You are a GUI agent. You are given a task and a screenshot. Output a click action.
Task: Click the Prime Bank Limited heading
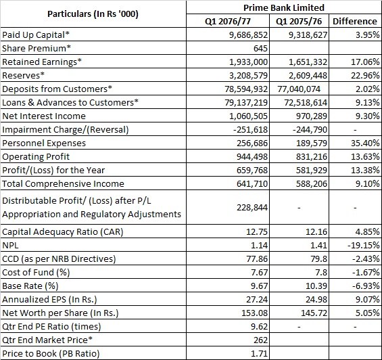284,7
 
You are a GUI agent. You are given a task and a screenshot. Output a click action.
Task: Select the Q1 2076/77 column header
228,21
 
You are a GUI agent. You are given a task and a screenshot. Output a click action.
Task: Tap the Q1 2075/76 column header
299,21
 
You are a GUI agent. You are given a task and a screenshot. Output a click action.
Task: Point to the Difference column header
355,21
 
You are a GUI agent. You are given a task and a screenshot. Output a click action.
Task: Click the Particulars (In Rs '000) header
93,14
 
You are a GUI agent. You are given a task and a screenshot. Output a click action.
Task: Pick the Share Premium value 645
260,48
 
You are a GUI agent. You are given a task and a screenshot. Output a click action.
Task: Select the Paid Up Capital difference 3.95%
367,35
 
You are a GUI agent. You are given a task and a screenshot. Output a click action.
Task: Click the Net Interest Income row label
44,116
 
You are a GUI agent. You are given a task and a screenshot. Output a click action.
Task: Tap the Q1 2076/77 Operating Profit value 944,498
252,156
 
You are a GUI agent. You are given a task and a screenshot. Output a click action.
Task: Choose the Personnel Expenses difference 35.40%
365,143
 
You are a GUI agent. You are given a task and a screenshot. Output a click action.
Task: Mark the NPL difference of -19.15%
364,245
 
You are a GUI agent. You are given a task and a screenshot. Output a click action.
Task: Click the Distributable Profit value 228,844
252,207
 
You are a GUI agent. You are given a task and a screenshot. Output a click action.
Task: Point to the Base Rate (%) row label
30,286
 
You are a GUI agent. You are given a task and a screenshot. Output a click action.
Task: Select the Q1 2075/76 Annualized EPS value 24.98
316,299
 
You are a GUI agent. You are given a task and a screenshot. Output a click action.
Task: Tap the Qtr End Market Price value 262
260,340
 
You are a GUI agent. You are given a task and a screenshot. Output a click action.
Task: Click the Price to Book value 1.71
259,353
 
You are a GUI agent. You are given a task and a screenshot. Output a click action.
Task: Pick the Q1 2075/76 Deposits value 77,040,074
299,89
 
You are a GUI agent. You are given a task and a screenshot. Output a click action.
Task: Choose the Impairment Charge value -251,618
250,129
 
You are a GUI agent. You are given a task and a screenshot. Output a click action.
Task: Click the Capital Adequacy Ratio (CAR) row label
63,231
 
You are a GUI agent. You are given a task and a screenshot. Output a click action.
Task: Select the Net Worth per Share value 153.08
254,313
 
